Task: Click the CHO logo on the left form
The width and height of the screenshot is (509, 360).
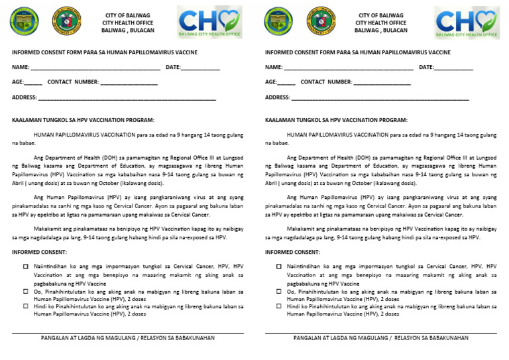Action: [209, 23]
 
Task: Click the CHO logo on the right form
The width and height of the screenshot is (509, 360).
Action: [467, 23]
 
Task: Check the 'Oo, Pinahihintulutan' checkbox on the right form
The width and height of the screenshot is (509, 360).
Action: [279, 292]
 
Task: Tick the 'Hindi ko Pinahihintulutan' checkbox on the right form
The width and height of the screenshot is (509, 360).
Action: [279, 306]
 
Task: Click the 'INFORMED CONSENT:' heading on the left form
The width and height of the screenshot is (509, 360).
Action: [39, 252]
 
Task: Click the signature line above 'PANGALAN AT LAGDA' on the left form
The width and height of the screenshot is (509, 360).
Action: [127, 333]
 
